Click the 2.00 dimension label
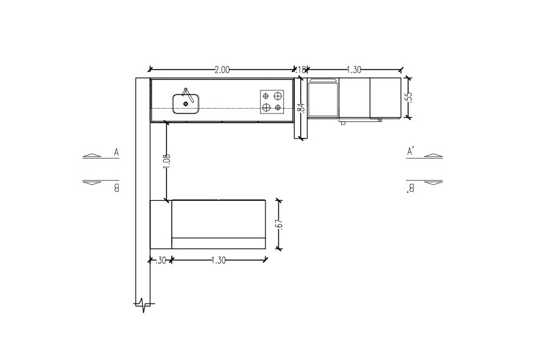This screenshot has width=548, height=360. click(x=222, y=70)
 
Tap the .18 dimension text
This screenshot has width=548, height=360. click(x=301, y=70)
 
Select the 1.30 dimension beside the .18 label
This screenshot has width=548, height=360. click(x=354, y=70)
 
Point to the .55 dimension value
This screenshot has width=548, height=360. click(x=409, y=97)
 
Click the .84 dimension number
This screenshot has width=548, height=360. click(x=302, y=108)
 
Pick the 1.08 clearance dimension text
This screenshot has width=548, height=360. click(x=167, y=161)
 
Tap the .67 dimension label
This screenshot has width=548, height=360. click(x=279, y=224)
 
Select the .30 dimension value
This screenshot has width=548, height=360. click(x=160, y=261)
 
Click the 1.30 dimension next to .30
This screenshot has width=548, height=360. click(x=218, y=261)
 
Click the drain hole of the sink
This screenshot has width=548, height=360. click(x=186, y=104)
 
